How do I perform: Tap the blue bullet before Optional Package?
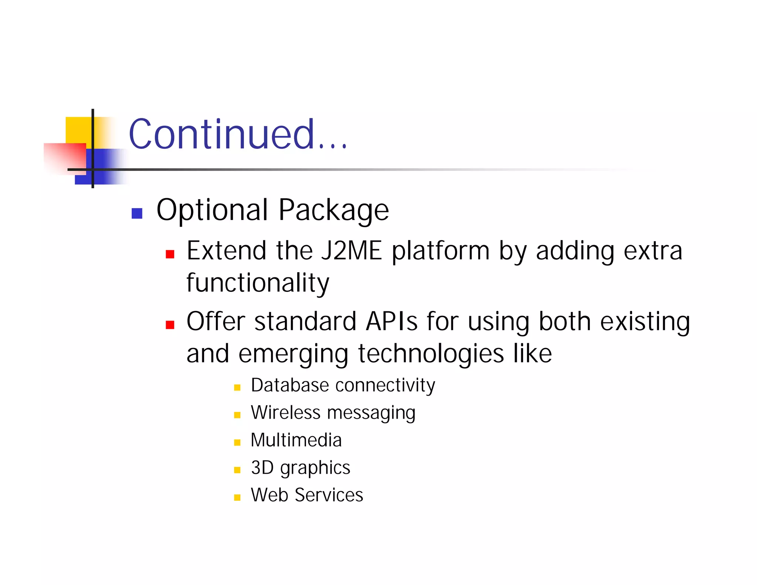click(137, 213)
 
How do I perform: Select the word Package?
click(333, 210)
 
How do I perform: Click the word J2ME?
click(351, 251)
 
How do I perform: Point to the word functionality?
click(258, 283)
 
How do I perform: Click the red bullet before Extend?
click(170, 254)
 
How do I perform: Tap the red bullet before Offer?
click(170, 325)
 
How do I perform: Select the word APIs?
click(391, 321)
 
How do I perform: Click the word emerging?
click(293, 354)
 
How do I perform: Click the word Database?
click(289, 385)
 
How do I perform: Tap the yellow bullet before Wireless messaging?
click(237, 415)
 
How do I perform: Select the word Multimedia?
click(296, 440)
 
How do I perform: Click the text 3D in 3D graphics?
click(262, 467)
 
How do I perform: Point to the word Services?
click(329, 495)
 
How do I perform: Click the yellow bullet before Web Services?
click(237, 497)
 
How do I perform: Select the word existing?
click(645, 322)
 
